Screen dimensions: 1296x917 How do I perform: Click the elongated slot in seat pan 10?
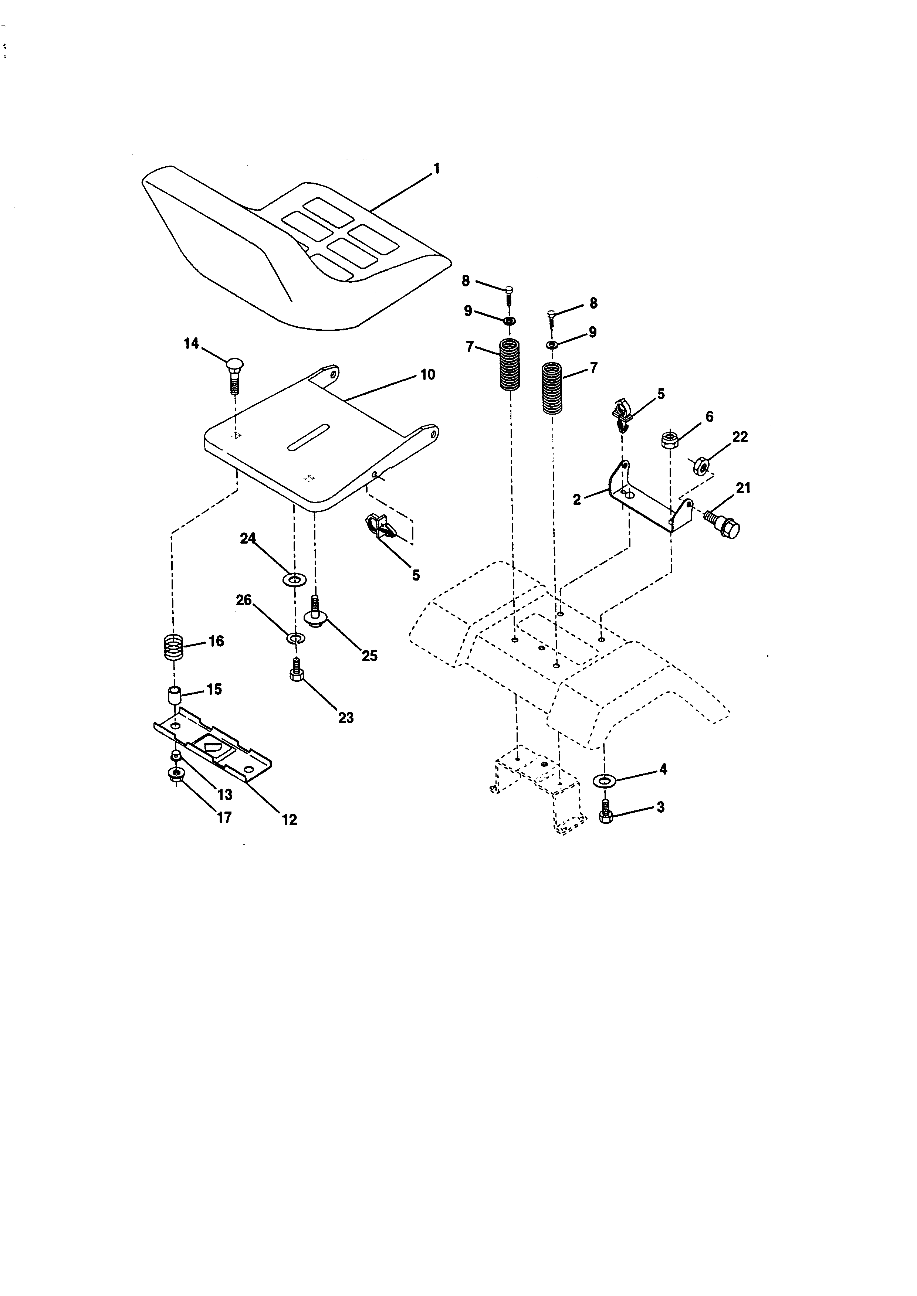309,436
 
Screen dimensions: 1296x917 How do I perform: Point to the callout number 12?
289,820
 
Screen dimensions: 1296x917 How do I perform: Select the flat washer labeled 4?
605,780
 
